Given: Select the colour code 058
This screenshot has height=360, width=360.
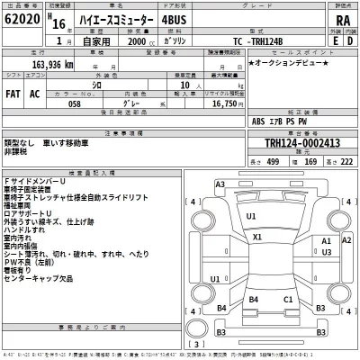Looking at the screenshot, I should (57, 104).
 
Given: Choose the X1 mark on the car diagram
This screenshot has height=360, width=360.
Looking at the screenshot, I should (256, 237).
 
